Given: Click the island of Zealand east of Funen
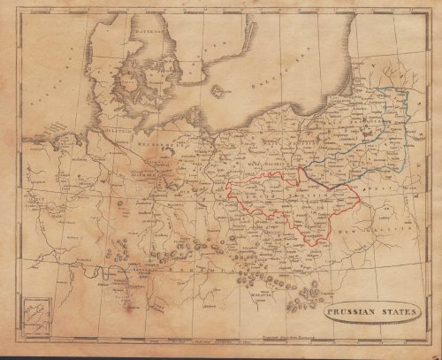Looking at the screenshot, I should point(150,84).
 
